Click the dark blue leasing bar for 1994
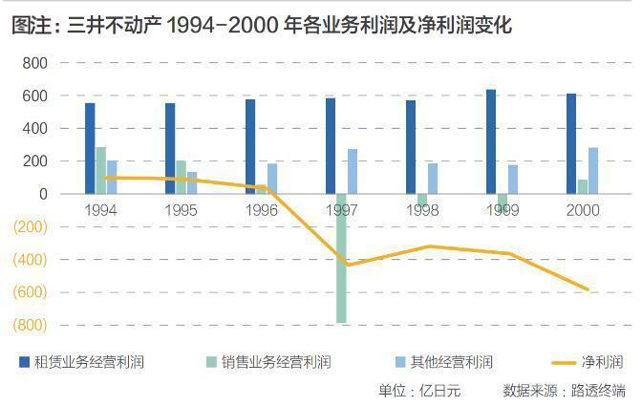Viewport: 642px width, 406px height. point(90,148)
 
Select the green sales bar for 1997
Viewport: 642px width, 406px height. point(341,258)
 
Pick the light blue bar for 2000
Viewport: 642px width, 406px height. point(593,170)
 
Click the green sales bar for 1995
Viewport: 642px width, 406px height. point(181,177)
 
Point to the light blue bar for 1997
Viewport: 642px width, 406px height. point(353,171)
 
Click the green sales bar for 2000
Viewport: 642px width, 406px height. point(583,186)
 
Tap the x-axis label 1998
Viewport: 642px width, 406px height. point(422,210)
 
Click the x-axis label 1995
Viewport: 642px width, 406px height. point(182,210)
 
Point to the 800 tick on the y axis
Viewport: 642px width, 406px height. point(34,63)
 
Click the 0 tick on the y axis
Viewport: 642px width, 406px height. point(42,194)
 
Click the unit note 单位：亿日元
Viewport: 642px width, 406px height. point(419,390)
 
